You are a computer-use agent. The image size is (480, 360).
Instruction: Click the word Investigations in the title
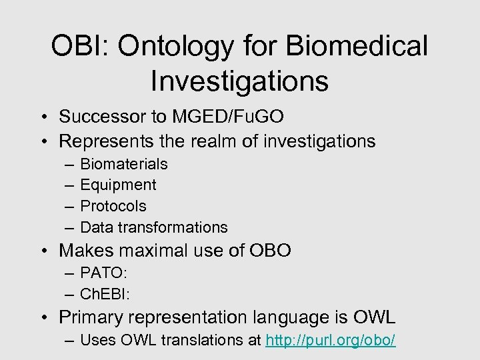tap(239, 81)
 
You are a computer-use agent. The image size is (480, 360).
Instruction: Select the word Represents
tap(104, 141)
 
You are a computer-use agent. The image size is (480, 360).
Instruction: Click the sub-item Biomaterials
tap(123, 164)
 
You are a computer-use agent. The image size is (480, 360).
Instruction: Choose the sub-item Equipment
tap(118, 185)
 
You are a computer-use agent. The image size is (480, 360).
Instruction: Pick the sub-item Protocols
tap(113, 206)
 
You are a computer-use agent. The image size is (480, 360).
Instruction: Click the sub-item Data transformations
tap(153, 227)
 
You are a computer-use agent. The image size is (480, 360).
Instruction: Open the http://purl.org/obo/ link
tap(330, 341)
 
